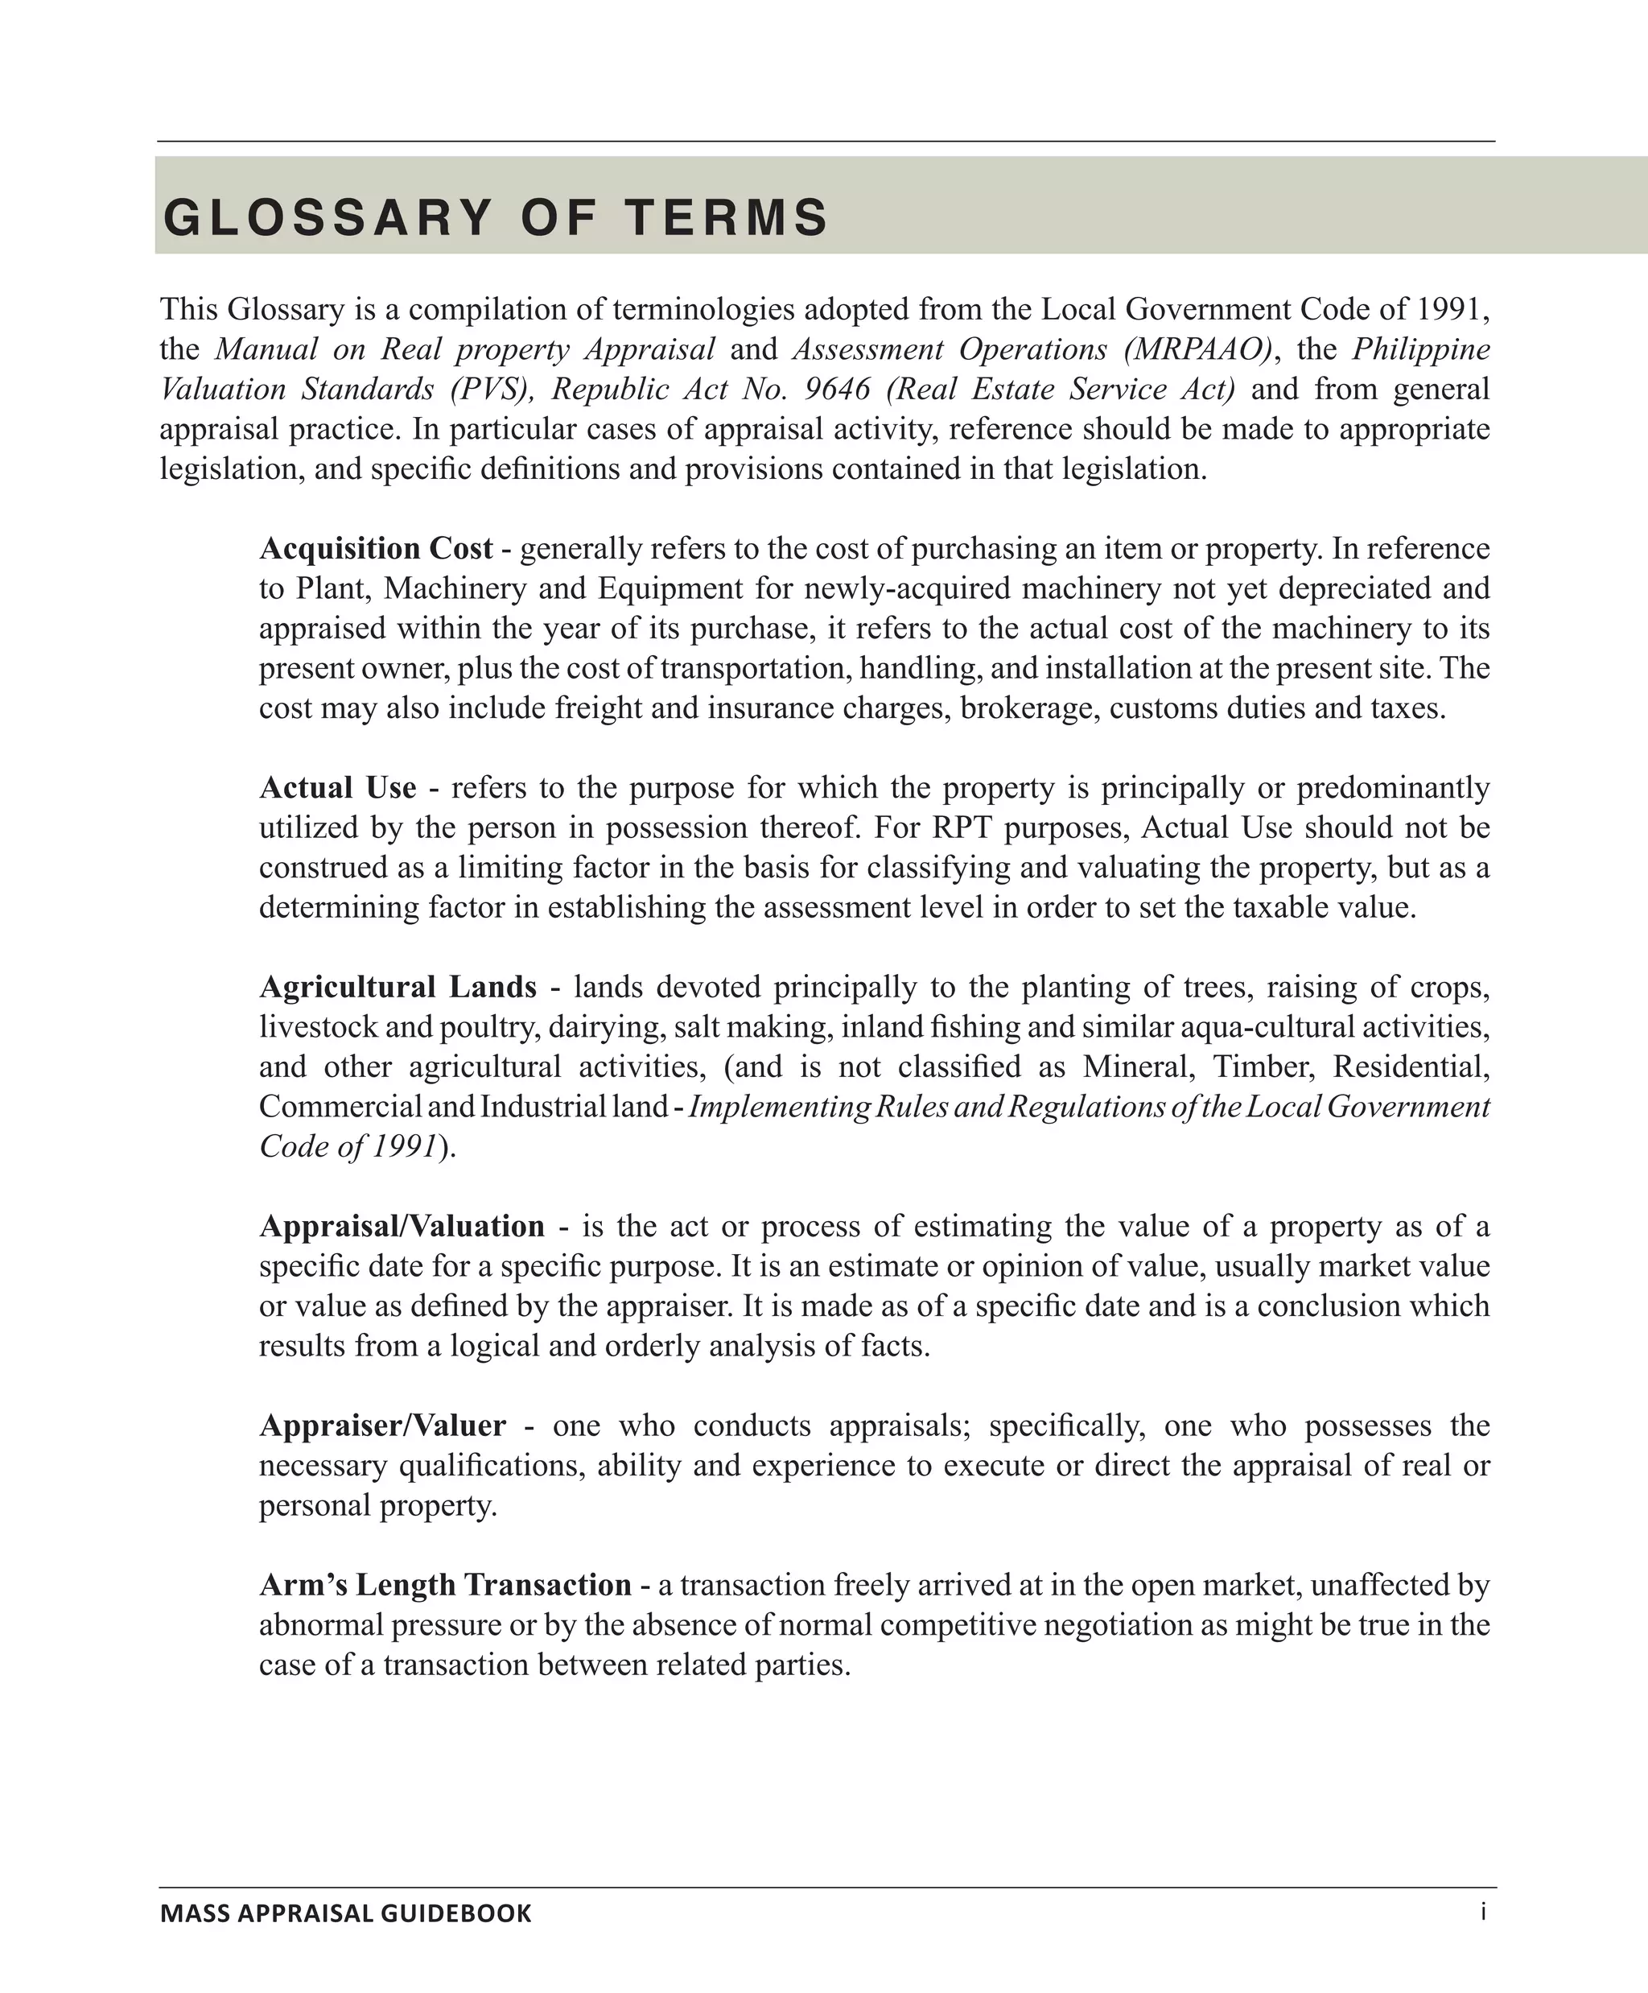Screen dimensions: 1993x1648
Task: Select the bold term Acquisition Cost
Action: [x=376, y=548]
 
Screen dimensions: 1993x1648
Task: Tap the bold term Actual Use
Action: [x=338, y=788]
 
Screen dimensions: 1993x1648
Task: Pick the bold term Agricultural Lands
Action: [x=398, y=987]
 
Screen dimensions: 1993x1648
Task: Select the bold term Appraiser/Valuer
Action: [x=382, y=1426]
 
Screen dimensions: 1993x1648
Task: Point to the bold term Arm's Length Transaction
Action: [x=445, y=1585]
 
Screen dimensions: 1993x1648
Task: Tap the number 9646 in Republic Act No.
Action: [x=837, y=389]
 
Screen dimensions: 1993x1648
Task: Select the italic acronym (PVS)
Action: [x=489, y=389]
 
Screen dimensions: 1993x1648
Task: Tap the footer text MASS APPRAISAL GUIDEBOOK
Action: [x=345, y=1913]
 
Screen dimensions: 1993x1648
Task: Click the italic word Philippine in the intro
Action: [x=1420, y=349]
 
